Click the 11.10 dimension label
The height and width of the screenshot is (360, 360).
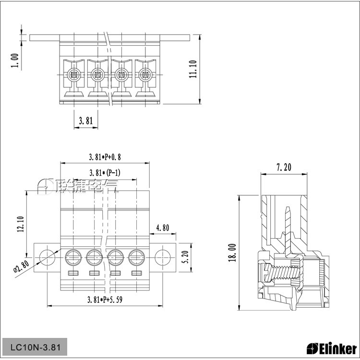tap(193, 69)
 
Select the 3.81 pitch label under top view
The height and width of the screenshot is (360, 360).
tap(85, 120)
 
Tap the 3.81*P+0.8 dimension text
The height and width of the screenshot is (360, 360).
tap(105, 156)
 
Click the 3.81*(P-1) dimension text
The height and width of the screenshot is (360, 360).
tap(105, 173)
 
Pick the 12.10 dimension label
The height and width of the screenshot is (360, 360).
tap(20, 224)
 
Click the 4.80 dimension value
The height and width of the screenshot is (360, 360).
tap(162, 228)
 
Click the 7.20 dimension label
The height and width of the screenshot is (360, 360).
tap(284, 167)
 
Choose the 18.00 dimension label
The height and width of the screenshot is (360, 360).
tap(232, 252)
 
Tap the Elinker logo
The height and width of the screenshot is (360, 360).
tap(331, 348)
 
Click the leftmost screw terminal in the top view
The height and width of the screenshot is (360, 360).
tap(74, 74)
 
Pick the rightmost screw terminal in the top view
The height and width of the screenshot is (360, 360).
tap(144, 74)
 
